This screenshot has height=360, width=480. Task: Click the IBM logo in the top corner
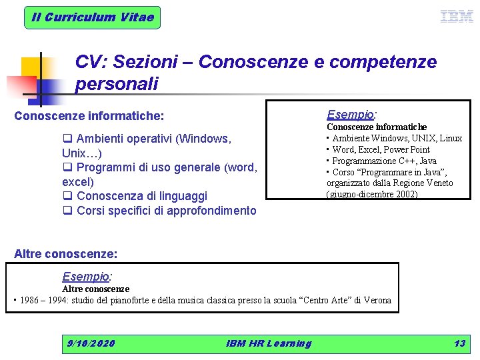[x=457, y=17]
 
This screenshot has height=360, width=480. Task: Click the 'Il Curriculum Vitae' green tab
[x=93, y=17]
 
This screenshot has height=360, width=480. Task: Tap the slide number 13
[x=459, y=343]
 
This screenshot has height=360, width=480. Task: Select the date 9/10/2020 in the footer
[x=91, y=343]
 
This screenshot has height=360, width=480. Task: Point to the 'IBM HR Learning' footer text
[x=269, y=343]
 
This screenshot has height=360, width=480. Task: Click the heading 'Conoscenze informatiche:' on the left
[x=89, y=116]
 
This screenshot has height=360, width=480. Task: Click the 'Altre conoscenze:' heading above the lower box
[x=66, y=254]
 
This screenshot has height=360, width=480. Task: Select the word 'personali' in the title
[x=117, y=85]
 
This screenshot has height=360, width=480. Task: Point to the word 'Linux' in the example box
[x=451, y=138]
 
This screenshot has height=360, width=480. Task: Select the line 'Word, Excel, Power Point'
[x=381, y=149]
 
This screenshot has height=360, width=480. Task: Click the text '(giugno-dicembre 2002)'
[x=372, y=194]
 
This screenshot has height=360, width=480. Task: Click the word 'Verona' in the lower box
[x=377, y=300]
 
